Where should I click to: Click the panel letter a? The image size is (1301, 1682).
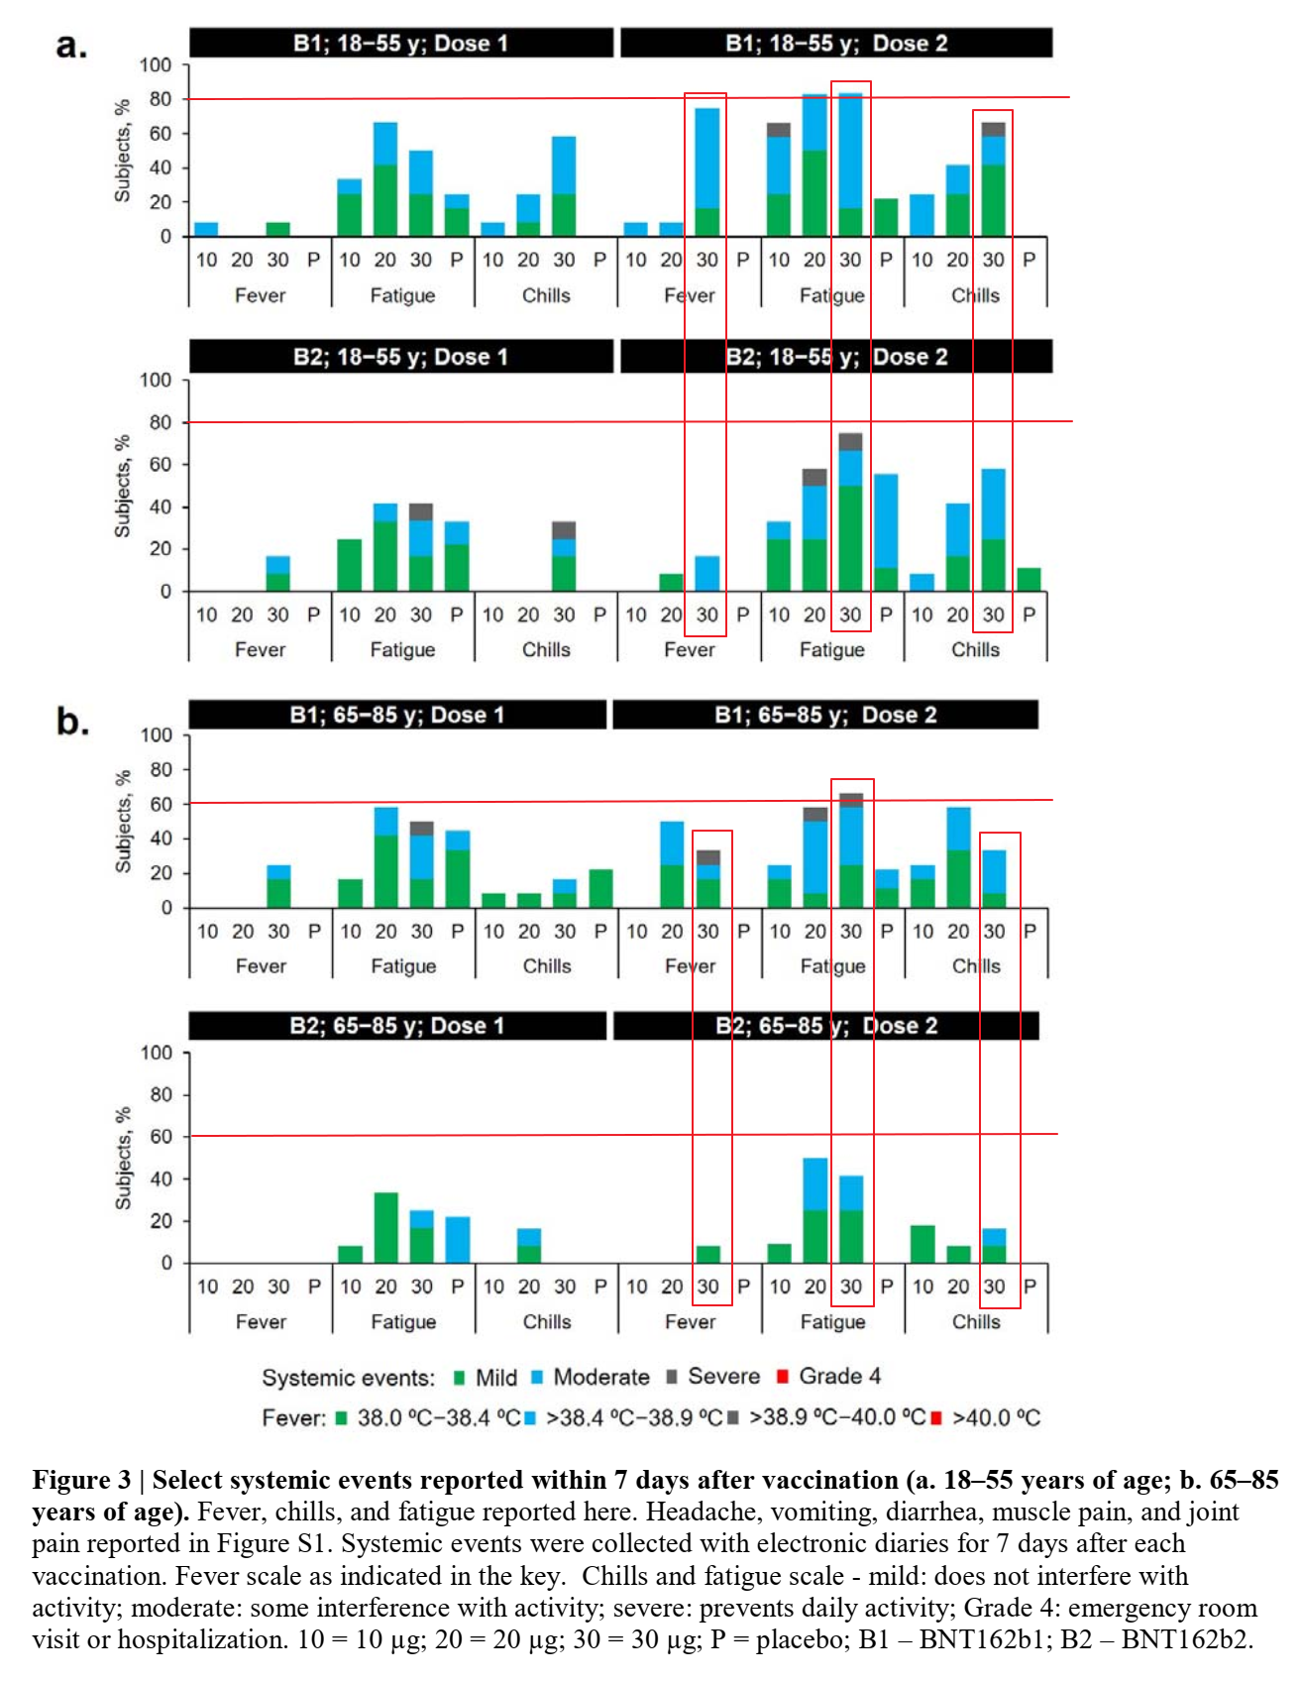70,46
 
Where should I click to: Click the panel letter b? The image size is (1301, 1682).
71,721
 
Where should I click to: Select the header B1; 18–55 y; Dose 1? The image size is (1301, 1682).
400,44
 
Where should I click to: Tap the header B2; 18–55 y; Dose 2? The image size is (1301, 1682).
836,357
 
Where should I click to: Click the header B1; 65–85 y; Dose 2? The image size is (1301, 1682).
825,715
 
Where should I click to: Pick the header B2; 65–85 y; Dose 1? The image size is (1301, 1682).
396,1026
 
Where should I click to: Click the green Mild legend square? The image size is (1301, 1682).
459,1378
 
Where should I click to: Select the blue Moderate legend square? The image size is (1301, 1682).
537,1378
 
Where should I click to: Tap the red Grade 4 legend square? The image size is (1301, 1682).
782,1377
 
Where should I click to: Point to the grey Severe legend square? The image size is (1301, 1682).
672,1377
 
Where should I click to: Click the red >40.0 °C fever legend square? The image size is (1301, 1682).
936,1418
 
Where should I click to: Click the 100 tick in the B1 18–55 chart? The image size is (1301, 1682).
156,65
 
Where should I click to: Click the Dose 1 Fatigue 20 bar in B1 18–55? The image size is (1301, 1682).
385,179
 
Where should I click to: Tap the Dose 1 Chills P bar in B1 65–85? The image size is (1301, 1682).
600,889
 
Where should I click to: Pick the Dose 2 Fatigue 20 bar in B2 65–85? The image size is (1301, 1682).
814,1210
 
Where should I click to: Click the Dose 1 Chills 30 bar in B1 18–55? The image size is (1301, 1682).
564,186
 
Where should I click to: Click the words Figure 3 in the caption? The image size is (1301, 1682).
81,1481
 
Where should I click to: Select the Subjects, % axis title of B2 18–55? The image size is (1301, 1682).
123,487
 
